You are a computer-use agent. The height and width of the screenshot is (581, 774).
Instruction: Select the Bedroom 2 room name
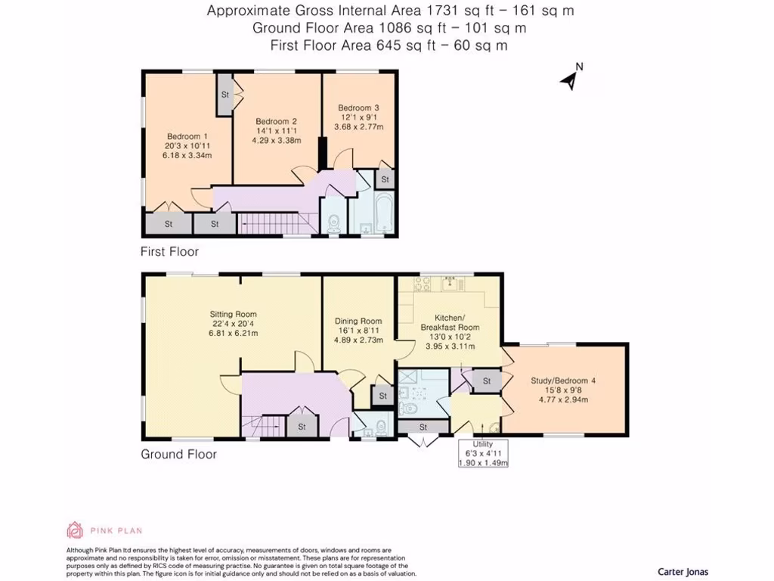[276, 121]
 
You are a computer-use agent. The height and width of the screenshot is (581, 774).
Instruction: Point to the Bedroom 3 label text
[358, 107]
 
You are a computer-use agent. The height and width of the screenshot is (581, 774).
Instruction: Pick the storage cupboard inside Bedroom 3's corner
[385, 179]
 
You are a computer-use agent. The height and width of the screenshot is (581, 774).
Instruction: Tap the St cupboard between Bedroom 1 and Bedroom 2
[225, 95]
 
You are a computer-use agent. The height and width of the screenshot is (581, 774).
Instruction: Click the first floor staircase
[276, 223]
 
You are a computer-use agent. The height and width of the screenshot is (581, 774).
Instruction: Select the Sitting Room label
[234, 314]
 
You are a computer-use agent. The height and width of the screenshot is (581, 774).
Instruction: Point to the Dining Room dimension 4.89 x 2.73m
[359, 340]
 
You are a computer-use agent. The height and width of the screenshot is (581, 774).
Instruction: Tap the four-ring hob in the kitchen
[423, 287]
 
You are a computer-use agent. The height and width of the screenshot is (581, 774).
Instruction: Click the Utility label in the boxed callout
[483, 444]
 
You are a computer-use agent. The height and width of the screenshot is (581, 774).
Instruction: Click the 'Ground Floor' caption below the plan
[178, 454]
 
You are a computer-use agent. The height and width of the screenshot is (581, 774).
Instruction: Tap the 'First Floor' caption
[170, 251]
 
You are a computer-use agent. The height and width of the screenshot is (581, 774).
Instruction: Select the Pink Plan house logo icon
[75, 530]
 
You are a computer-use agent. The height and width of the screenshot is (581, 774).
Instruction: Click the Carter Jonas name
[683, 572]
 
